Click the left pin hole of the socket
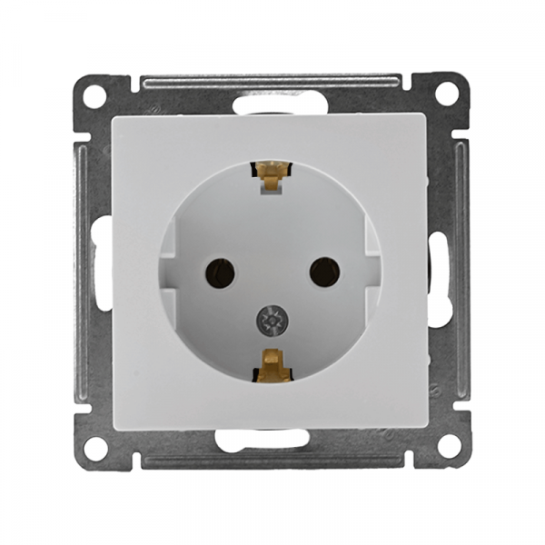[221, 271]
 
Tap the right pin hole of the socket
[324, 271]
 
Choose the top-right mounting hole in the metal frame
[446, 93]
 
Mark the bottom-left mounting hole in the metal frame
[95, 447]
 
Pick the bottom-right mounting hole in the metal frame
[447, 446]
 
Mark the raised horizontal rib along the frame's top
[271, 83]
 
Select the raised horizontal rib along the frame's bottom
[271, 461]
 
